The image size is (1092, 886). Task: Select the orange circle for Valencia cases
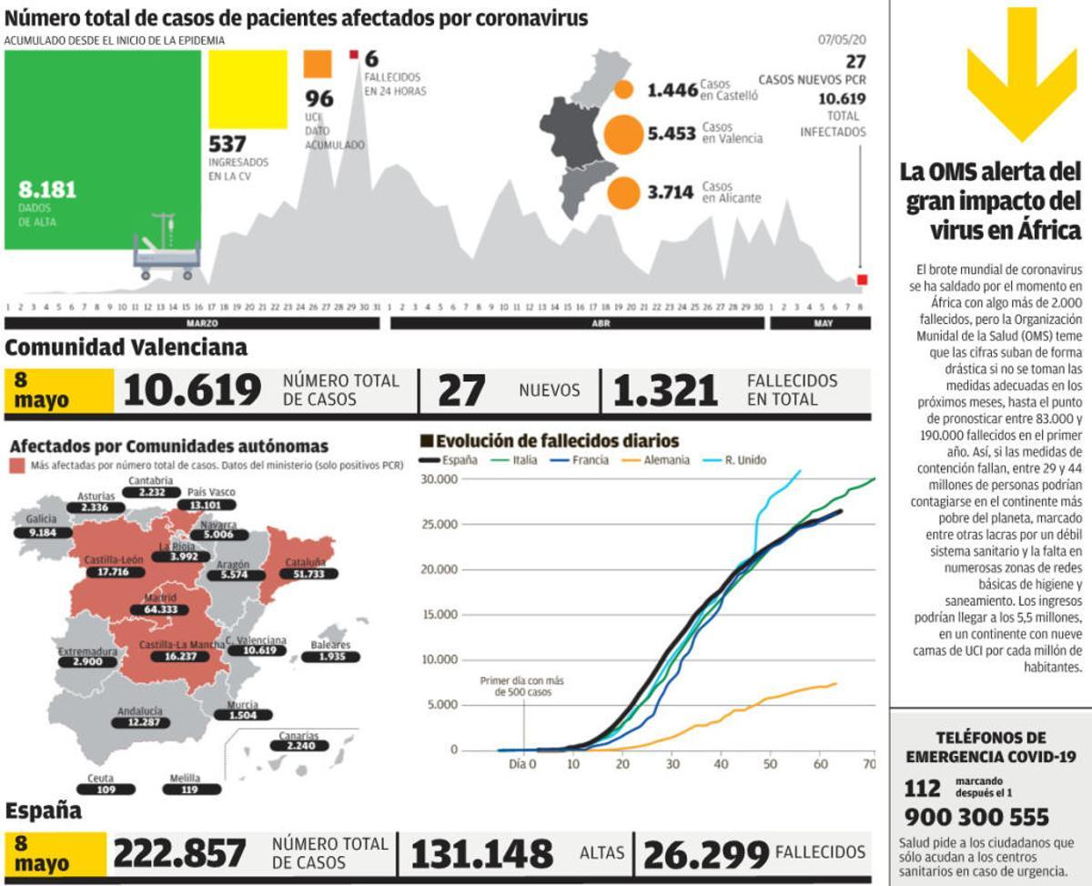pos(623,134)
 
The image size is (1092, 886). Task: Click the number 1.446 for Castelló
pos(672,90)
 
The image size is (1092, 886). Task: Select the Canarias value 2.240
pos(299,747)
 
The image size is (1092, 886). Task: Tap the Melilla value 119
pos(189,790)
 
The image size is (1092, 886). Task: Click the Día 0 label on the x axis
pos(521,765)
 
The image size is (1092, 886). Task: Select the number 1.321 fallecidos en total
pos(665,391)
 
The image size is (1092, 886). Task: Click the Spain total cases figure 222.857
pos(179,854)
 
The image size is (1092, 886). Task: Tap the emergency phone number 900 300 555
pos(976,817)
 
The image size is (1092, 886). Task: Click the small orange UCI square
pos(318,65)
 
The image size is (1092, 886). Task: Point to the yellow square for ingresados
pos(248,89)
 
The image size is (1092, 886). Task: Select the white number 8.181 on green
pos(47,190)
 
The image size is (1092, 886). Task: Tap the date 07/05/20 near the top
pos(842,40)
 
